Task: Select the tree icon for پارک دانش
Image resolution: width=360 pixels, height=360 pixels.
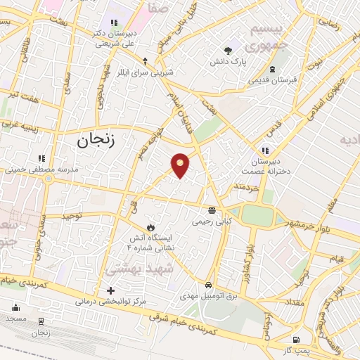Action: pyautogui.click(x=228, y=50)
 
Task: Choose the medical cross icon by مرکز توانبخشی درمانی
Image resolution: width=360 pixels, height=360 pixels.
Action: pyautogui.click(x=110, y=290)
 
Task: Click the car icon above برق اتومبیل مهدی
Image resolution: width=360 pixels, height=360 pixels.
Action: pyautogui.click(x=209, y=285)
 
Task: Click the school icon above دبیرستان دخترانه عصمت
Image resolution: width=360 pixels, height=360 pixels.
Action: pyautogui.click(x=265, y=150)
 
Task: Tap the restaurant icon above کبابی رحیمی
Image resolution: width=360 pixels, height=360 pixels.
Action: pyautogui.click(x=212, y=210)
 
